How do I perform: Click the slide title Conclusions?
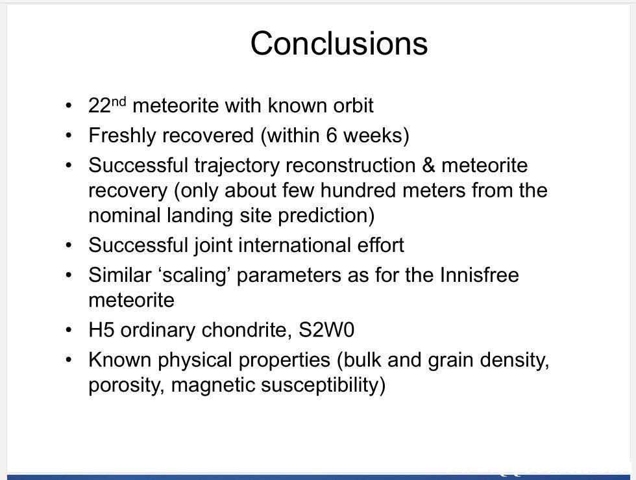339,43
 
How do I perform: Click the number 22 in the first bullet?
99,106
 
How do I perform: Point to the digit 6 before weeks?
332,136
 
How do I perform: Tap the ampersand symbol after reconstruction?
428,166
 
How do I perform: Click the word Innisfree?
479,275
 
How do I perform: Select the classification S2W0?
326,330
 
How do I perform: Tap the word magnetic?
213,385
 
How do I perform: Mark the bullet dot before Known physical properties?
69,360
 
